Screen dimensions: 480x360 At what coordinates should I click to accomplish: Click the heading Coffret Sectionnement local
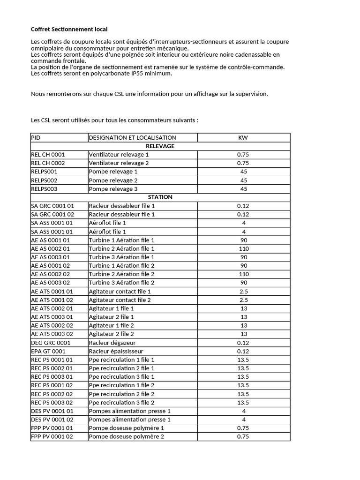(69, 29)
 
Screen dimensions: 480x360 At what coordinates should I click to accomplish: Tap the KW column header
(243, 137)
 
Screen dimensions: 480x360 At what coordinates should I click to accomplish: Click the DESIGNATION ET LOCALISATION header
(132, 137)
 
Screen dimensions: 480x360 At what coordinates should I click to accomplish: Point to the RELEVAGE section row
(160, 146)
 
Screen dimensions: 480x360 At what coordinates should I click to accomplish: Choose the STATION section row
(160, 197)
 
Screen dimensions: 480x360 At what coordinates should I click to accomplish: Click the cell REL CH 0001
(48, 154)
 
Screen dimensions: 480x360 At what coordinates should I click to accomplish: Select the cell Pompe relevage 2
(113, 180)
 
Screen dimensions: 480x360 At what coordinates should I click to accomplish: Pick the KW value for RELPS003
(243, 189)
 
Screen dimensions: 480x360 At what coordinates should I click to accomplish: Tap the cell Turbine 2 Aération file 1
(121, 248)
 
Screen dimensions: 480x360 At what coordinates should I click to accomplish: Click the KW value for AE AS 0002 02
(243, 274)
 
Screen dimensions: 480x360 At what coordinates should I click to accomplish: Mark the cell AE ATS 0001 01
(52, 291)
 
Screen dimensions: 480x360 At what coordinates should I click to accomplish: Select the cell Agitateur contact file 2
(120, 300)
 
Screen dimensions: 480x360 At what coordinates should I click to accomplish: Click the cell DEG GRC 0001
(50, 343)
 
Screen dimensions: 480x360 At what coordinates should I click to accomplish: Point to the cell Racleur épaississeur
(116, 351)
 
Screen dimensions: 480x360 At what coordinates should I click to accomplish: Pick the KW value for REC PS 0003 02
(243, 402)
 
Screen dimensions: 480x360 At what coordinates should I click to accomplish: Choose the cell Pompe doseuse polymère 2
(126, 436)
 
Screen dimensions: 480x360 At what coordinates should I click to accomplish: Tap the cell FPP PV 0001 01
(52, 428)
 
